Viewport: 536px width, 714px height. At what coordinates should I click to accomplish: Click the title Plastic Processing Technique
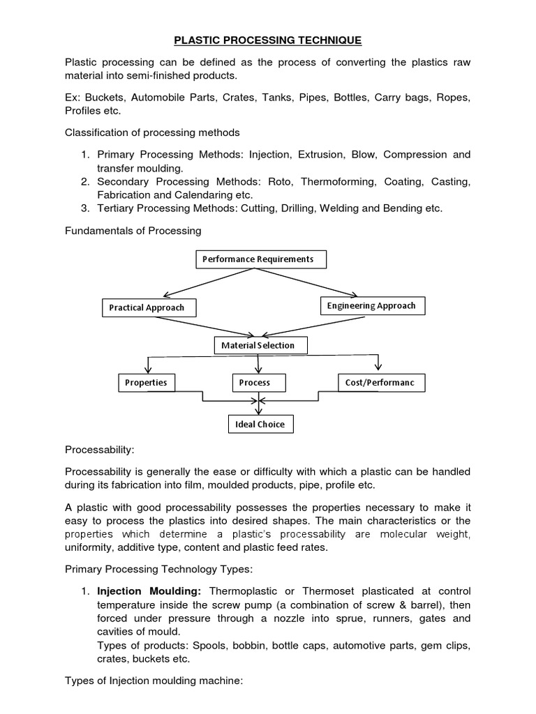click(x=267, y=40)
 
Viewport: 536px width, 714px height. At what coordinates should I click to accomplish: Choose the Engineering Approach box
click(x=371, y=305)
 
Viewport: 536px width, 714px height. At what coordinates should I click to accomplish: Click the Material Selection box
click(x=258, y=345)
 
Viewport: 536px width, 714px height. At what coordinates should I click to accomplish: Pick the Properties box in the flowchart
click(x=146, y=383)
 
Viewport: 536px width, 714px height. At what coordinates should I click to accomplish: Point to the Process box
click(x=254, y=383)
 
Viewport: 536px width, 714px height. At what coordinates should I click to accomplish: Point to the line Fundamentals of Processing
click(x=133, y=230)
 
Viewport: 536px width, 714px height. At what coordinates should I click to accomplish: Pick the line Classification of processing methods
click(x=152, y=132)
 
